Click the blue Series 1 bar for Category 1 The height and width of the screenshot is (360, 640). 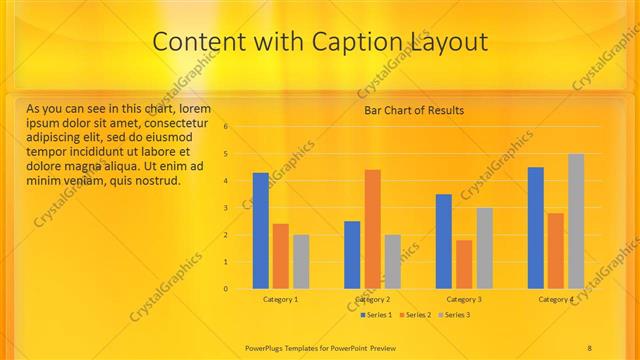pos(260,231)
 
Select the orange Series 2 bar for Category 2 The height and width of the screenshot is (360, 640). pos(372,229)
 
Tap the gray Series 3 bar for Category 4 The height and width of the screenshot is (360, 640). pos(576,221)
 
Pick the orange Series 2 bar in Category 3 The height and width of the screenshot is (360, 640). pos(464,264)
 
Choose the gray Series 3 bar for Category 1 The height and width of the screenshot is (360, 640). pos(301,262)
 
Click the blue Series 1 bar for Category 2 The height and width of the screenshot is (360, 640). pos(352,255)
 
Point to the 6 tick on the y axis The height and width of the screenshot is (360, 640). pos(227,127)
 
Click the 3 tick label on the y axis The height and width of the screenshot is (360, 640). pos(227,208)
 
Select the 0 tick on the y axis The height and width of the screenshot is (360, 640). pos(227,289)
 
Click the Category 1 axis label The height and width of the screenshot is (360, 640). pos(280,299)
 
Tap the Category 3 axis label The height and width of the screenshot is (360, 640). pos(464,299)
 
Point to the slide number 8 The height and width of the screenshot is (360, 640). pos(590,347)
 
